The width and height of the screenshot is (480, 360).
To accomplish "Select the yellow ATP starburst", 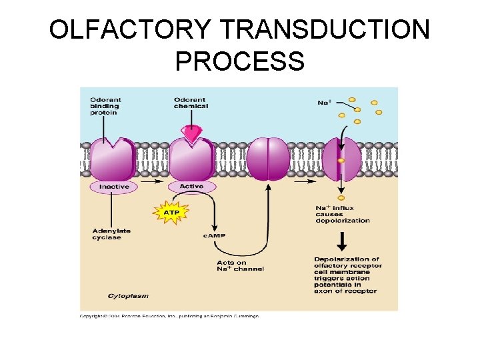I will pyautogui.click(x=171, y=213).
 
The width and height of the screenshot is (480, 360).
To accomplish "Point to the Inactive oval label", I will pyautogui.click(x=114, y=187).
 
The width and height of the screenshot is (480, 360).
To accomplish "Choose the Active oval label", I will pyautogui.click(x=191, y=186).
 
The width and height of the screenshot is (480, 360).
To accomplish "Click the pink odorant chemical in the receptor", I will pyautogui.click(x=191, y=135).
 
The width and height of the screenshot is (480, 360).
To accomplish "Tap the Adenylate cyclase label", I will pyautogui.click(x=111, y=234).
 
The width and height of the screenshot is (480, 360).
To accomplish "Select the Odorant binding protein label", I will pyautogui.click(x=105, y=106).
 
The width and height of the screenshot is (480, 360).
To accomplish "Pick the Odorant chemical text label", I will pyautogui.click(x=191, y=103).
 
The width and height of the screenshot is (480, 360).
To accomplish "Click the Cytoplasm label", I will pyautogui.click(x=127, y=295).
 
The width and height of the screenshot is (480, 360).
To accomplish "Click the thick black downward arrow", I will pyautogui.click(x=341, y=242).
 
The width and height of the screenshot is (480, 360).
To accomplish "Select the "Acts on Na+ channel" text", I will pyautogui.click(x=240, y=265).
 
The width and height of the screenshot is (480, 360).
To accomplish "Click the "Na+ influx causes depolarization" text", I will pyautogui.click(x=342, y=214).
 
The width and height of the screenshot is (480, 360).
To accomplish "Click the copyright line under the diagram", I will pyautogui.click(x=169, y=315).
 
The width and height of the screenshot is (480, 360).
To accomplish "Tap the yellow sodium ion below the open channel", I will pyautogui.click(x=341, y=198).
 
